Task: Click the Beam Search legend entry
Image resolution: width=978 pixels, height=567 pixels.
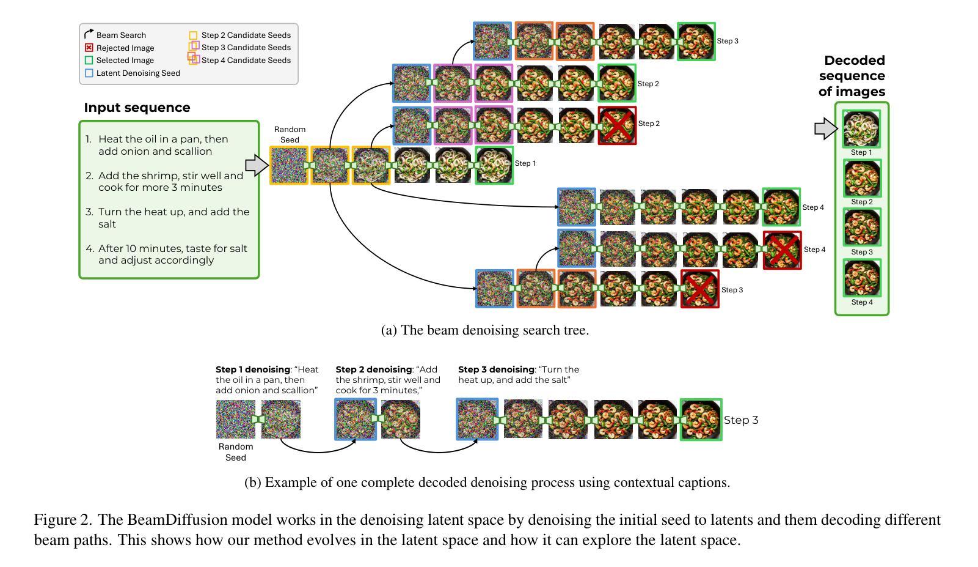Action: (120, 35)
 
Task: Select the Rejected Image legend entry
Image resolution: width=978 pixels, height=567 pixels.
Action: (125, 48)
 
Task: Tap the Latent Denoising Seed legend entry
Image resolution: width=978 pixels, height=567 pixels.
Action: (137, 73)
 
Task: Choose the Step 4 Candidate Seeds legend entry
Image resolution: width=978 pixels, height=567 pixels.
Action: (246, 60)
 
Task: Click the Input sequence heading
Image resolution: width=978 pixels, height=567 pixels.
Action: (137, 108)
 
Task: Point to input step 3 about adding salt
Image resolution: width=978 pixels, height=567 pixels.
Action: (173, 218)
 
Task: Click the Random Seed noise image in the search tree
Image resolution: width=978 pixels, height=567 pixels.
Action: (290, 165)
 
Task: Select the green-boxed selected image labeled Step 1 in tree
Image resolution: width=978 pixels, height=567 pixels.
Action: (494, 165)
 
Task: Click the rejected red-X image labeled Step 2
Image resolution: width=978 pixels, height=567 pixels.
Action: (617, 125)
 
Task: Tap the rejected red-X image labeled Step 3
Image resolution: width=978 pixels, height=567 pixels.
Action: (700, 289)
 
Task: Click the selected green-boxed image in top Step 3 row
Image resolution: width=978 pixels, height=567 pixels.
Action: (696, 42)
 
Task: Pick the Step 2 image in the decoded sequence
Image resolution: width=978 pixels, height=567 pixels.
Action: (862, 178)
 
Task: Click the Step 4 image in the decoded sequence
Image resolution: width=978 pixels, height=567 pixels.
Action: (862, 278)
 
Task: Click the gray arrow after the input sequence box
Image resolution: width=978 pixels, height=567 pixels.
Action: (257, 165)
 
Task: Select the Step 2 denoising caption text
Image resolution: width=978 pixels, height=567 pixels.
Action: (388, 380)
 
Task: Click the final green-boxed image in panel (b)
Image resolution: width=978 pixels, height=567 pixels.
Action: (701, 420)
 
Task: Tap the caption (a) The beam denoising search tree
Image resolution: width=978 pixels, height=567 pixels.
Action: (485, 330)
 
